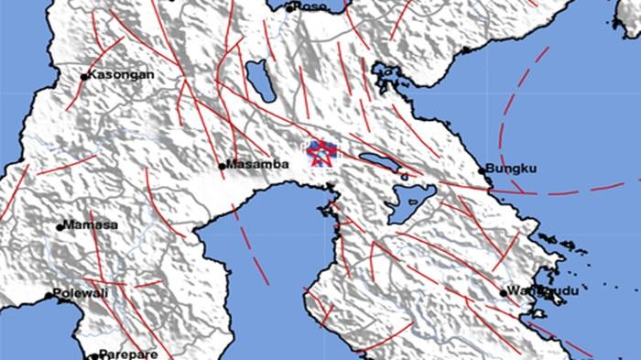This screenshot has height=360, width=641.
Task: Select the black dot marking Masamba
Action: point(223,166)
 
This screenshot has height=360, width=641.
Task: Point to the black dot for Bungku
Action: point(483,170)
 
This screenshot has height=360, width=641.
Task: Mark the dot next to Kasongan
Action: point(84,77)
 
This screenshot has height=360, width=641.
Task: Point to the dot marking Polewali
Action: point(49,295)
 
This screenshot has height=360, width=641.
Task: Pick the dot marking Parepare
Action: point(93,355)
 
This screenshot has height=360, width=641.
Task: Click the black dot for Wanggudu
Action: point(504,293)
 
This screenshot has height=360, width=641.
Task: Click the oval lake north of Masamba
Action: point(260,82)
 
